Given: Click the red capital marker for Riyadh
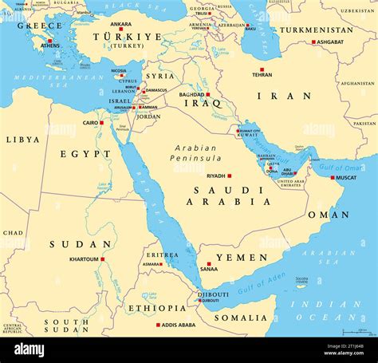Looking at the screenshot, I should click(230, 176).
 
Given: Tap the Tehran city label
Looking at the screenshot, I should click(262, 74).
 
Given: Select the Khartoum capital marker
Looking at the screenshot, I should click(102, 258).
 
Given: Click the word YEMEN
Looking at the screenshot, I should click(242, 258).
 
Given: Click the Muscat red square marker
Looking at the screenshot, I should click(333, 177).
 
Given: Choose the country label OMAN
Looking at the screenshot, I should click(329, 215).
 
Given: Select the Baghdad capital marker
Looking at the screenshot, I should click(208, 94).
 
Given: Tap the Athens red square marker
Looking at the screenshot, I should click(49, 40).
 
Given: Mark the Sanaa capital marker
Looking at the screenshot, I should click(209, 263).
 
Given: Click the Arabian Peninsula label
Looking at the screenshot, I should click(199, 153).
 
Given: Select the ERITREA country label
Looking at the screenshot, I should click(162, 254).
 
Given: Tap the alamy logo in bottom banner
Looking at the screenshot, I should click(30, 349).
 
